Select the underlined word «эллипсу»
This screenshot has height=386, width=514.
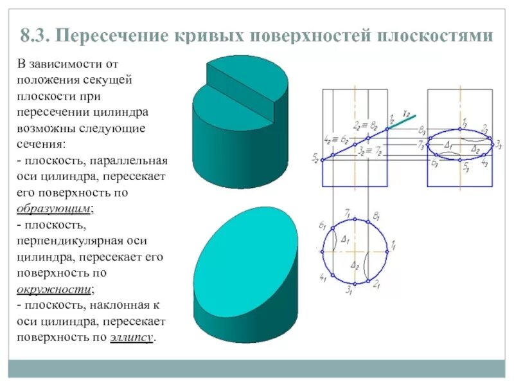tap(131, 337)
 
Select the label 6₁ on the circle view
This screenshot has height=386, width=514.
tap(323, 225)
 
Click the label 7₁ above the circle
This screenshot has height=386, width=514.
tap(348, 210)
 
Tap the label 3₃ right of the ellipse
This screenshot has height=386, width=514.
tap(498, 144)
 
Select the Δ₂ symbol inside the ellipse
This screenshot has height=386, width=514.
tap(474, 149)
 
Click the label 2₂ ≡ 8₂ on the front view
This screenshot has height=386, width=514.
tap(364, 125)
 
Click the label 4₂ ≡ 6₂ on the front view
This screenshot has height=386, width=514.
tap(335, 140)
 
